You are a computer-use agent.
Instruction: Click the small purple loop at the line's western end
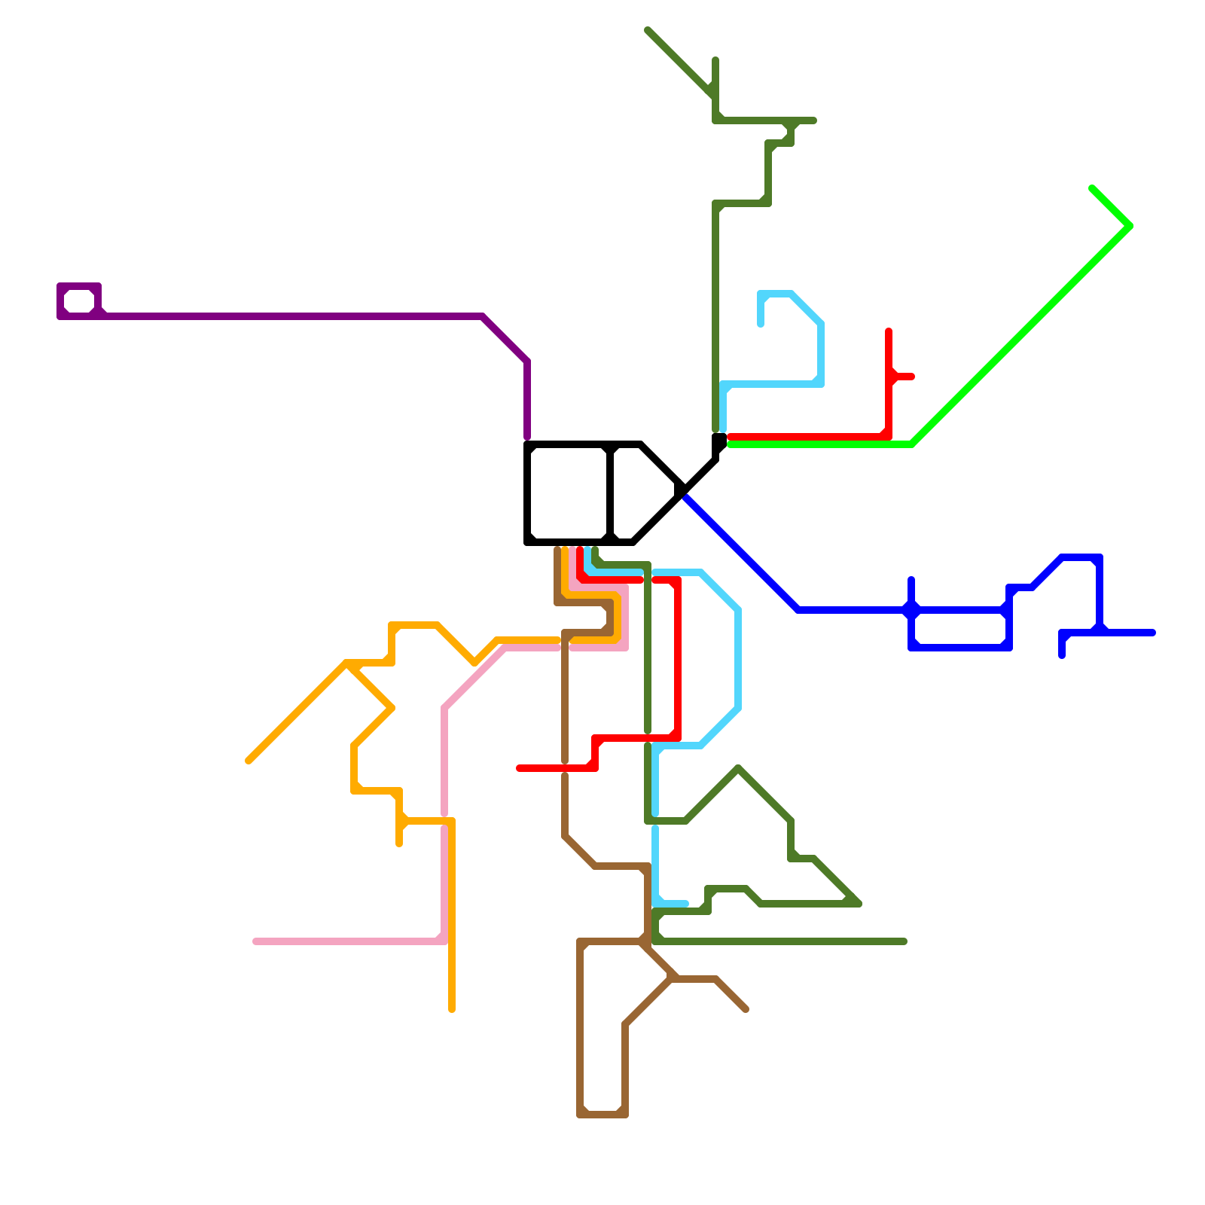79,301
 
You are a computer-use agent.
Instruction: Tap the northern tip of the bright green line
1092,188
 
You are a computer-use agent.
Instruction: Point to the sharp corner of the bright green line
1130,225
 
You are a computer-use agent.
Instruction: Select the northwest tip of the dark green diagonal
648,30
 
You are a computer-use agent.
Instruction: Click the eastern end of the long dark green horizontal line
904,941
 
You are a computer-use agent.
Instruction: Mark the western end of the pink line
256,941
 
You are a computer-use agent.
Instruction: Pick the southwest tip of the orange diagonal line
249,761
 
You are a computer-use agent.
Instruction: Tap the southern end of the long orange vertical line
452,1009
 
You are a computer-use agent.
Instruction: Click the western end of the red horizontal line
520,768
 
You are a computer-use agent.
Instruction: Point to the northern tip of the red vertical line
889,331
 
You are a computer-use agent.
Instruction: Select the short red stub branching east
904,377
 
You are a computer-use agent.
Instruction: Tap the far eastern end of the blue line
1152,633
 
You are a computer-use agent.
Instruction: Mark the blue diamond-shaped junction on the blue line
911,609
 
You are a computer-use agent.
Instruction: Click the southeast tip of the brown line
746,1009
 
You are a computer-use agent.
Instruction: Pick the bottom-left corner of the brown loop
581,1114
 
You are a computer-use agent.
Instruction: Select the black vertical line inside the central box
610,493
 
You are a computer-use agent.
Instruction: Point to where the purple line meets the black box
527,441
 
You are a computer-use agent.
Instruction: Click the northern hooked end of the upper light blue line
761,324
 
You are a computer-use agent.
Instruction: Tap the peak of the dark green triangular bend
739,768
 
